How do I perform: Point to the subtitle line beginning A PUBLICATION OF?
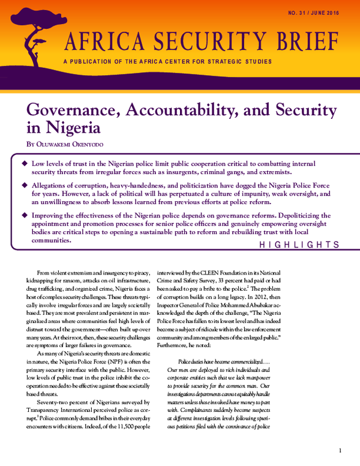167,61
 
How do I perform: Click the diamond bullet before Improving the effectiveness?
25,214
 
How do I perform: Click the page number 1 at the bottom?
340,450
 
